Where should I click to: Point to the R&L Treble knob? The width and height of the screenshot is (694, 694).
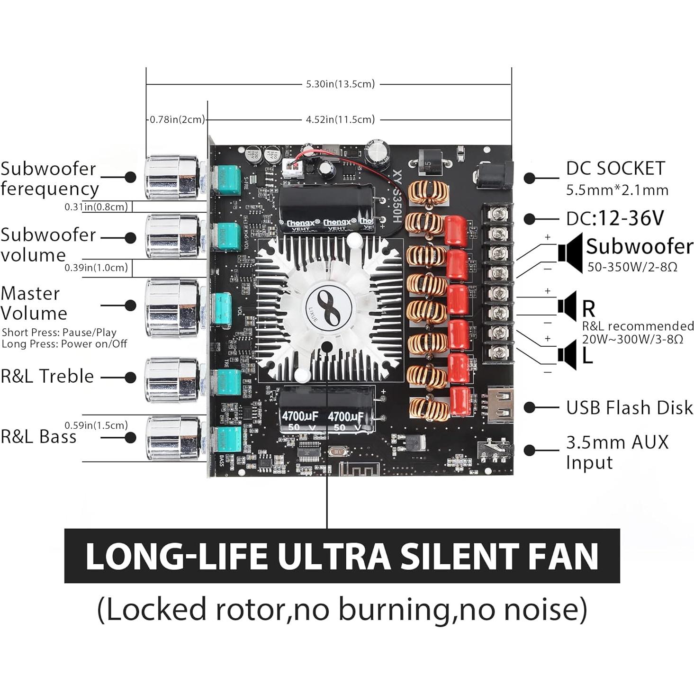[171, 379]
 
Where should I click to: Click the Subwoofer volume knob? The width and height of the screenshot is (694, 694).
[171, 237]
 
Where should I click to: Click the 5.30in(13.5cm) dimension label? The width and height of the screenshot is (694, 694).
[340, 84]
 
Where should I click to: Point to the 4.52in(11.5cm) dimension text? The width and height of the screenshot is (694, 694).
[340, 119]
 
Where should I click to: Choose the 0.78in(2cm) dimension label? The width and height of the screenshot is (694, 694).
[177, 119]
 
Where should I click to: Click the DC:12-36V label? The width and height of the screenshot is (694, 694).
[615, 218]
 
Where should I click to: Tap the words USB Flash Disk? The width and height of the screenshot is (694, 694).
[629, 407]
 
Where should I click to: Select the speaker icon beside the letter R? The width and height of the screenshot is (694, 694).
[567, 306]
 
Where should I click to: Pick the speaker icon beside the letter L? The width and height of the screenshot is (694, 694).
[567, 354]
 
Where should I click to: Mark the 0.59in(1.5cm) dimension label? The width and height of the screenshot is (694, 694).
[96, 425]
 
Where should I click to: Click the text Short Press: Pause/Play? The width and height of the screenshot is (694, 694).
[59, 333]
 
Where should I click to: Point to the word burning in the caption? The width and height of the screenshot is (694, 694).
[394, 610]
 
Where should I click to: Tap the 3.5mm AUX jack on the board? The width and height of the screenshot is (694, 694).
[495, 450]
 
